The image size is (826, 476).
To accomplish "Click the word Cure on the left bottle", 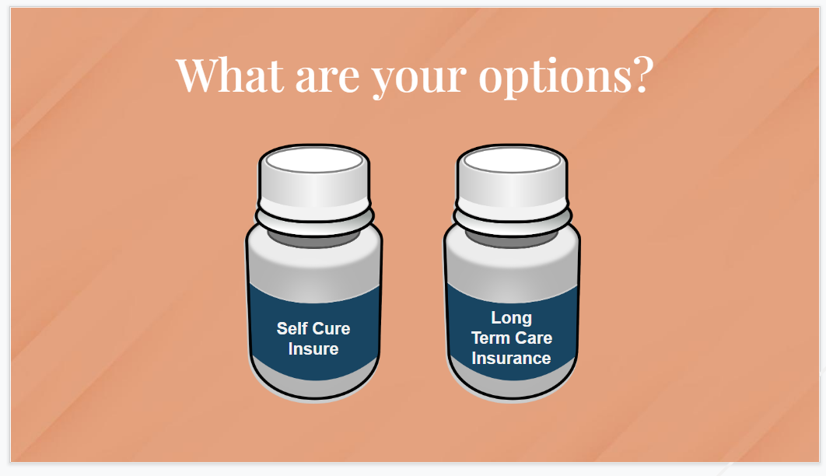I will pyautogui.click(x=332, y=328).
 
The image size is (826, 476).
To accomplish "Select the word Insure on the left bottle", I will pyautogui.click(x=313, y=348).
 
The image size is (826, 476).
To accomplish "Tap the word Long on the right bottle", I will pyautogui.click(x=512, y=317).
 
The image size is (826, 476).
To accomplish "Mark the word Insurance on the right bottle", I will pyautogui.click(x=512, y=358).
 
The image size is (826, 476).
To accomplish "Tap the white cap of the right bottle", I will pyautogui.click(x=512, y=187).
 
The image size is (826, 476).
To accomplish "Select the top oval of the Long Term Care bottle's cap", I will pyautogui.click(x=512, y=161).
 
